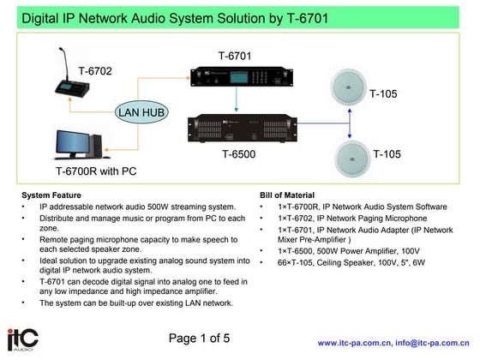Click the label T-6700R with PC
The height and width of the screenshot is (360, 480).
(96, 171)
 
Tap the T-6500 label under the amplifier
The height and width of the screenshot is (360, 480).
(238, 155)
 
